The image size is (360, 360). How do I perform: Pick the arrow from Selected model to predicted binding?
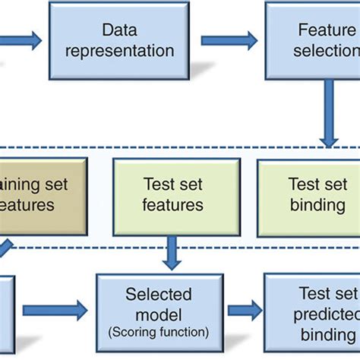(243, 309)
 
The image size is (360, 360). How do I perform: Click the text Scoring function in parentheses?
(159, 332)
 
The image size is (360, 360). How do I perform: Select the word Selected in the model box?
(159, 293)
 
